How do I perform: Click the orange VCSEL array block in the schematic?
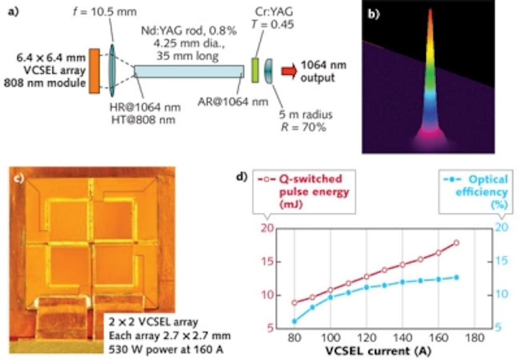94,70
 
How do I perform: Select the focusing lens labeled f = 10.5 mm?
113,70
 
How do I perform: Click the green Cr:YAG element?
255,71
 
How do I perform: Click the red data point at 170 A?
456,242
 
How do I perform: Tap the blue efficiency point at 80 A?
294,321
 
